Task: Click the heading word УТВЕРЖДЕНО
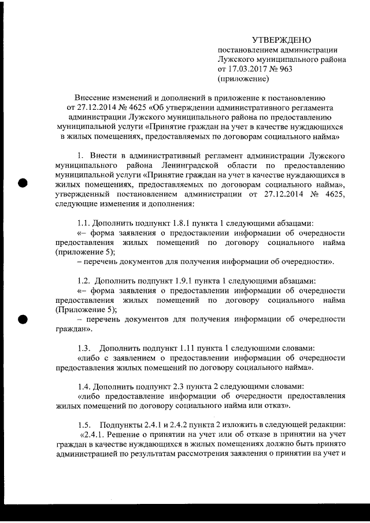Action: point(282,40)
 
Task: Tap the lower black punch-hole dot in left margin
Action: point(23,318)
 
